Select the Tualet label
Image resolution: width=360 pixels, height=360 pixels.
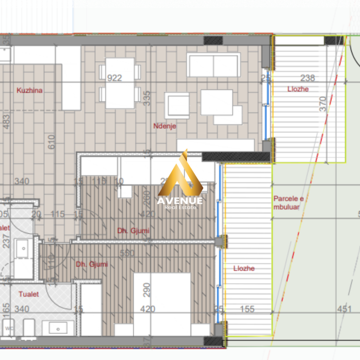click(29, 294)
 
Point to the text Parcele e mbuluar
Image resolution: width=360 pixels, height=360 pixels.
click(288, 202)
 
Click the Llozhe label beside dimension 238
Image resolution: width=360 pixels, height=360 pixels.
click(298, 89)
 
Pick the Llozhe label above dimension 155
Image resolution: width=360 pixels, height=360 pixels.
click(244, 269)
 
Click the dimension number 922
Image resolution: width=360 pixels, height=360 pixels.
click(114, 78)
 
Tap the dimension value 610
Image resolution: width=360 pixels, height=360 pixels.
click(52, 142)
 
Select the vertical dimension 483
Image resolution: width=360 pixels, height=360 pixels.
click(6, 121)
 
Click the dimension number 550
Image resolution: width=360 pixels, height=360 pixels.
click(127, 253)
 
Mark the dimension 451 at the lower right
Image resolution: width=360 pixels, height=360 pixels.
click(344, 309)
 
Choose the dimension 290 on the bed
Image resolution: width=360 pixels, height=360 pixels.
click(147, 290)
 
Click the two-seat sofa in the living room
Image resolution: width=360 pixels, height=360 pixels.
click(213, 65)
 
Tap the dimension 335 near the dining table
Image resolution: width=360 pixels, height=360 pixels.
click(147, 98)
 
